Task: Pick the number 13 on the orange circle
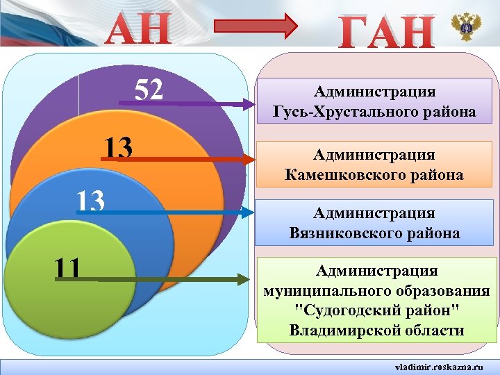coord(119,147)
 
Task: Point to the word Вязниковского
coord(353,233)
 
